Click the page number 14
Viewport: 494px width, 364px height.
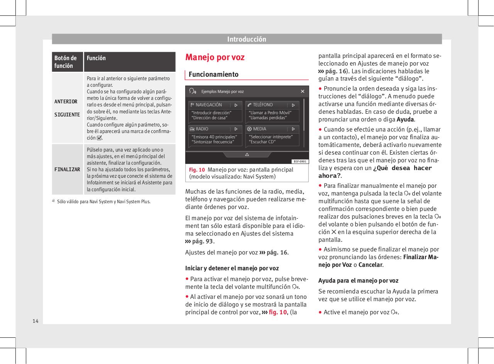(x=35, y=321)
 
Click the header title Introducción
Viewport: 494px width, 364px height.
(x=247, y=39)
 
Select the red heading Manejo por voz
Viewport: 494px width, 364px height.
(x=215, y=57)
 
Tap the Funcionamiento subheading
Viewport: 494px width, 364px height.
(x=213, y=74)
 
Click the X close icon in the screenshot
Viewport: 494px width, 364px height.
(x=303, y=91)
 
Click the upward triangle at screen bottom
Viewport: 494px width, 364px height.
(x=247, y=155)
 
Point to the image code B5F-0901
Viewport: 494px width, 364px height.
(x=299, y=161)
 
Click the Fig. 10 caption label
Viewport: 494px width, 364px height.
(x=197, y=170)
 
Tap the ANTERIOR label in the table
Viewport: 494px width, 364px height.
(x=66, y=102)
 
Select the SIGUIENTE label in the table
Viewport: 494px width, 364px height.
(x=67, y=115)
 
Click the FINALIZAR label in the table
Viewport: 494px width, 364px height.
(x=67, y=170)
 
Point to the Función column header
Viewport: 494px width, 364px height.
(x=96, y=58)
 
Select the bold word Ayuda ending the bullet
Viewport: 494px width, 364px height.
(x=405, y=120)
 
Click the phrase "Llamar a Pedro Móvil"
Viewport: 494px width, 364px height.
(x=270, y=113)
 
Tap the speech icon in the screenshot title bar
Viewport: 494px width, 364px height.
(x=193, y=91)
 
